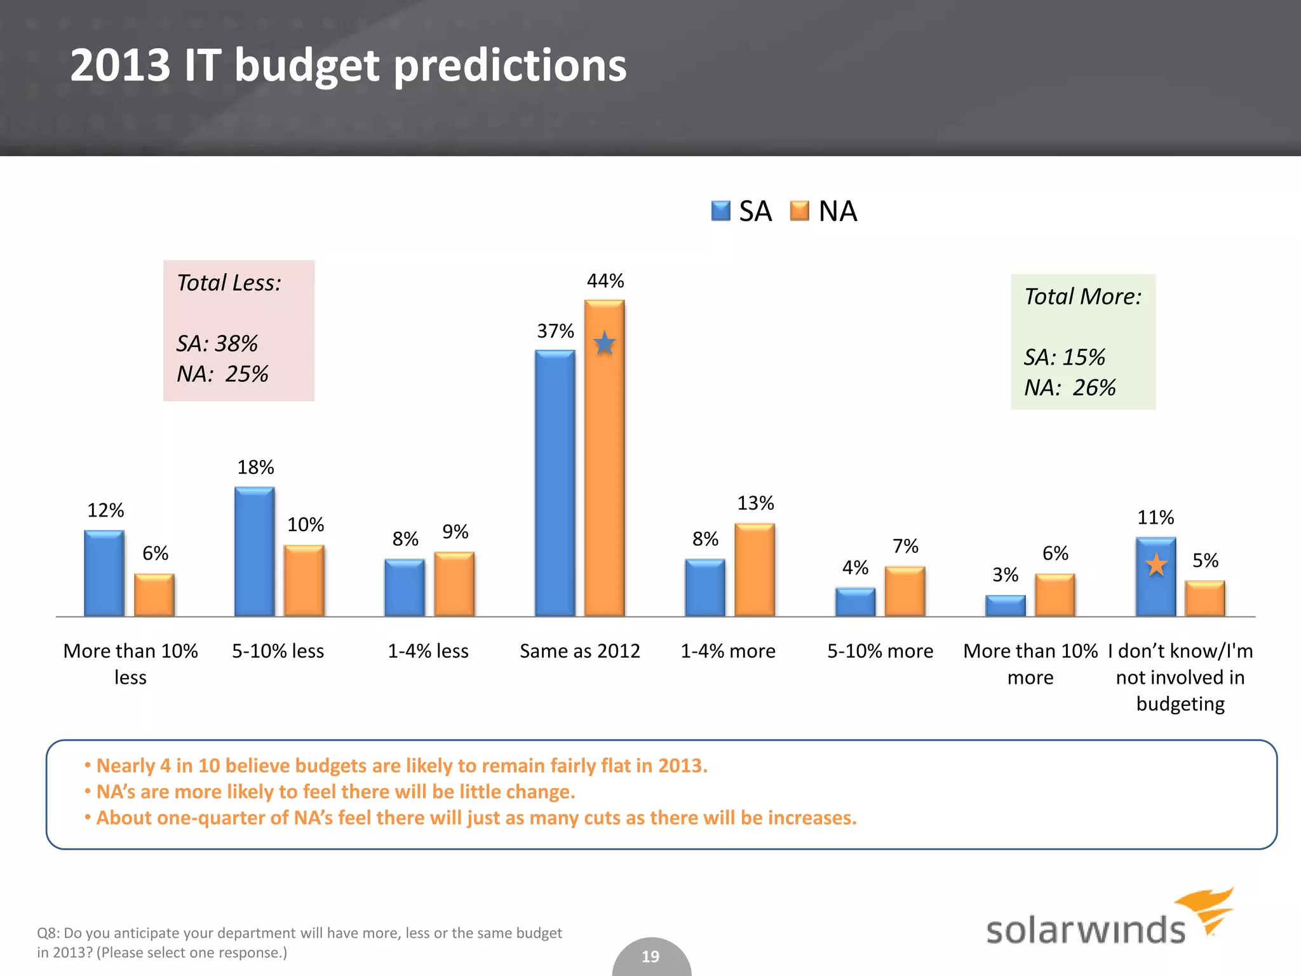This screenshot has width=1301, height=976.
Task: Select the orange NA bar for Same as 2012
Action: point(604,457)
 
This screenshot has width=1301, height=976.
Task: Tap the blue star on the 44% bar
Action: point(604,344)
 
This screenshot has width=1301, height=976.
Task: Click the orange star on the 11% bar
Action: point(1156,564)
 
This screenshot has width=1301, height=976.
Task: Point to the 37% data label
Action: point(555,331)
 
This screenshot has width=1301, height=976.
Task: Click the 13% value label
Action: point(755,503)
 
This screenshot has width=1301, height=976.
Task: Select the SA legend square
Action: point(720,211)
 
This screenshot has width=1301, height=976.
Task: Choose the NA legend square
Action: point(799,211)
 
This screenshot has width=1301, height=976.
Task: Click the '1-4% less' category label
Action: point(428,651)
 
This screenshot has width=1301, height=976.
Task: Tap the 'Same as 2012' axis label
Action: point(579,651)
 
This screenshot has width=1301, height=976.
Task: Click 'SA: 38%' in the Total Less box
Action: point(217,343)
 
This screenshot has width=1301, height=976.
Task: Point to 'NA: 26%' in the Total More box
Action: point(1070,388)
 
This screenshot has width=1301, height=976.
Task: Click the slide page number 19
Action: point(650,956)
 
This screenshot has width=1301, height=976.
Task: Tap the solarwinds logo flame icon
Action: point(1207,909)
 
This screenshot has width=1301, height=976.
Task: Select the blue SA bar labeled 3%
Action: point(1005,606)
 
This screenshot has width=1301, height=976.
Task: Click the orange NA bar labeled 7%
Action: point(905,591)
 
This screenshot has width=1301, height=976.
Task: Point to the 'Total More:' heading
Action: point(1082,297)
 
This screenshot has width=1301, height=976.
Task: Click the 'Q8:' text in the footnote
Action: point(48,933)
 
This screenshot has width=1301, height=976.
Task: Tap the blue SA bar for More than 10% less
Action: point(104,573)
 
